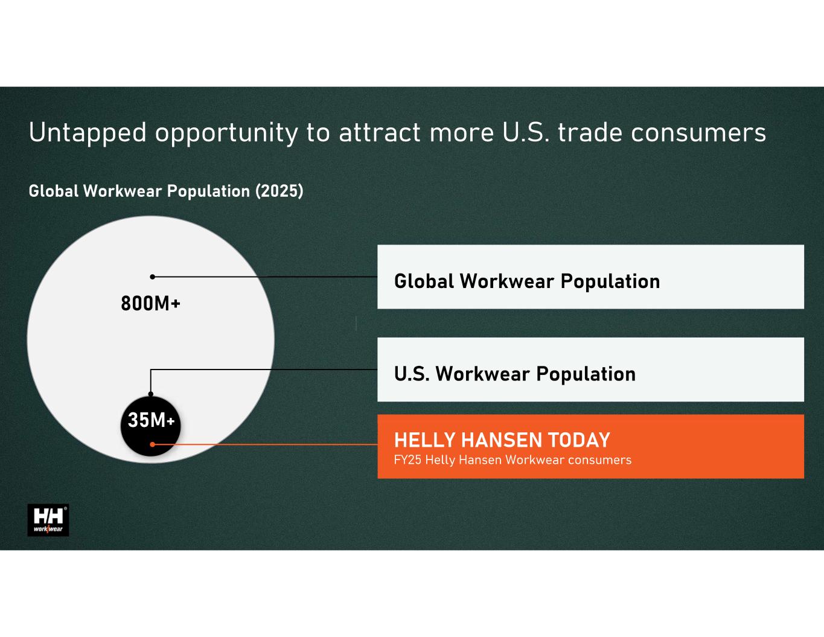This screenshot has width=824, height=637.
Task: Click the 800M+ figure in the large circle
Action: click(150, 304)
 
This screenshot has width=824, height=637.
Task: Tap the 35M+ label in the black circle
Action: click(151, 420)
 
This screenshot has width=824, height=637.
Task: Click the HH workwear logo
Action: click(48, 520)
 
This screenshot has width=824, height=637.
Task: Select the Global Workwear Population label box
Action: click(590, 277)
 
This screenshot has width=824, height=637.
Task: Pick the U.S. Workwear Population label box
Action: click(590, 370)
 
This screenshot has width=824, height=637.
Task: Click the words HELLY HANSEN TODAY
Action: click(502, 440)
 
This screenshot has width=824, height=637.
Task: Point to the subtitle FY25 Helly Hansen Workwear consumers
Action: click(513, 460)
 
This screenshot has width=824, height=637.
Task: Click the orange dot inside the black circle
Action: click(153, 444)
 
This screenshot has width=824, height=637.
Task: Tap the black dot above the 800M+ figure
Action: click(153, 277)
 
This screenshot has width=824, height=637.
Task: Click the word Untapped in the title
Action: click(88, 133)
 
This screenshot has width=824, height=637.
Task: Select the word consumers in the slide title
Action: click(698, 133)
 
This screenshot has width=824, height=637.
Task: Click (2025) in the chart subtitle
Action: click(279, 191)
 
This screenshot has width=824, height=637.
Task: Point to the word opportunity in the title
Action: click(226, 133)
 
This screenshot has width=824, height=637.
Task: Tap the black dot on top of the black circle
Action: click(150, 394)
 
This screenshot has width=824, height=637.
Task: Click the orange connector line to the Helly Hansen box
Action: click(265, 444)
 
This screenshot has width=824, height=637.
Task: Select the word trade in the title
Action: click(590, 132)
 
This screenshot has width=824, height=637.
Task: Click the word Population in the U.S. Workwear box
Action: click(586, 374)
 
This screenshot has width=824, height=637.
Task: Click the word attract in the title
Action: click(379, 133)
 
